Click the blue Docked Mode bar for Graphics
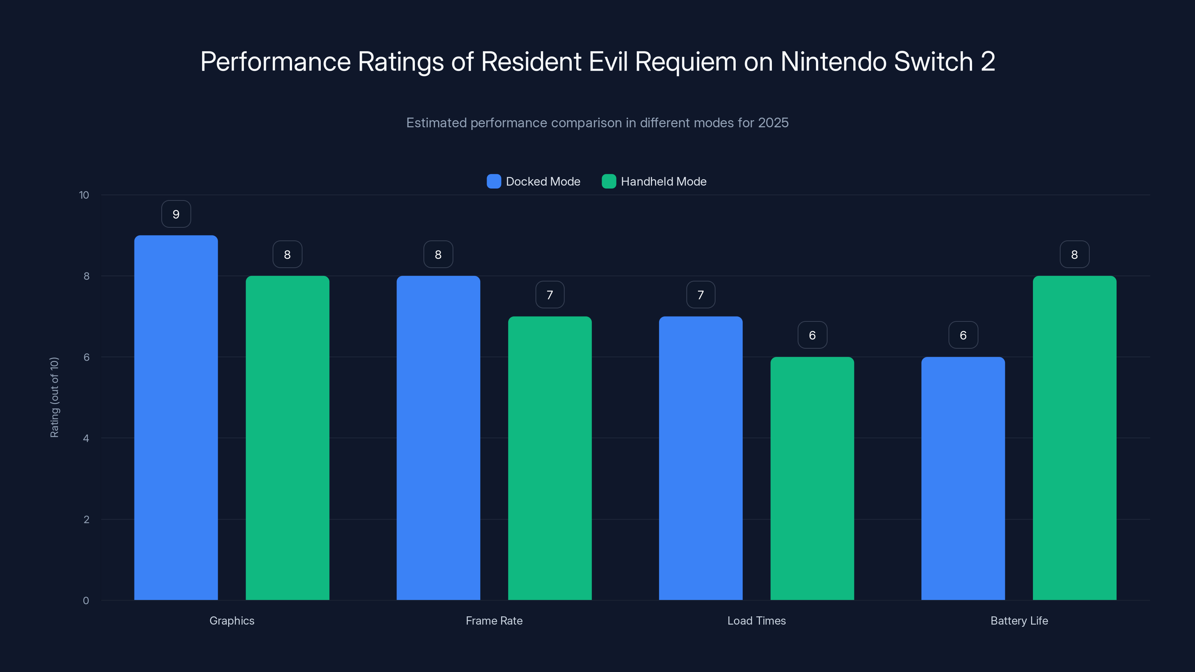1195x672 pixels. point(176,417)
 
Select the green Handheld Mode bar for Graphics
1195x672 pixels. point(287,438)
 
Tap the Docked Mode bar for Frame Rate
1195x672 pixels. point(438,438)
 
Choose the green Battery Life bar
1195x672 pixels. point(1074,438)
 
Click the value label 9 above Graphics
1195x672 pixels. point(176,214)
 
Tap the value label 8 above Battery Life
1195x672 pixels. point(1074,255)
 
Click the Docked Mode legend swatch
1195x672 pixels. point(494,181)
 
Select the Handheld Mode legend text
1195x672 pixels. point(663,181)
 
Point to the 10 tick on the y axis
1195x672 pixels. point(84,195)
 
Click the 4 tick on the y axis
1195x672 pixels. point(86,438)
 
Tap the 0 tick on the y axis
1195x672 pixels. point(86,601)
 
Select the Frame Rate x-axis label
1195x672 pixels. point(494,620)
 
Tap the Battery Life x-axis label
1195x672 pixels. point(1019,620)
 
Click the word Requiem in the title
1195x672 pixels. point(686,62)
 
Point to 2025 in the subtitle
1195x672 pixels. point(773,123)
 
